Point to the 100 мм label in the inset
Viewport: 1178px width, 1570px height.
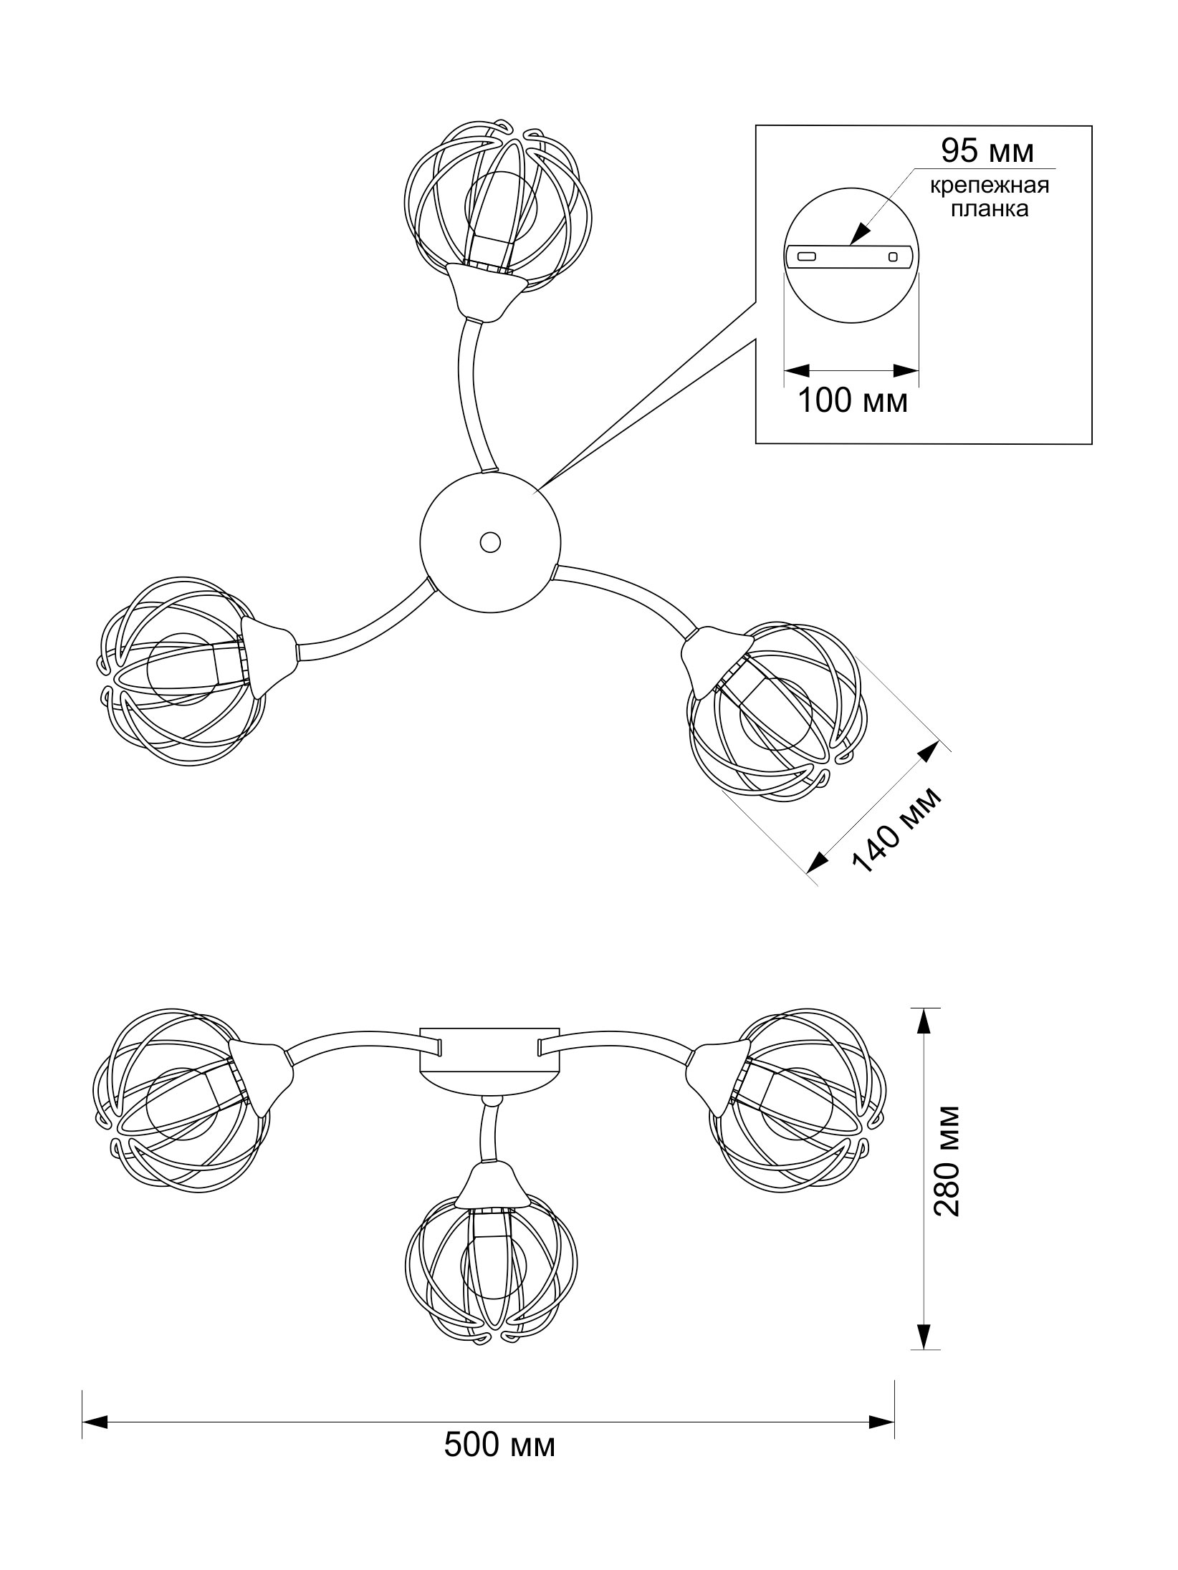[x=853, y=401]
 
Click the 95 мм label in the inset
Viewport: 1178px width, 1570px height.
[x=987, y=151]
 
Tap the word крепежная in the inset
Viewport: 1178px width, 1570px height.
[x=990, y=187]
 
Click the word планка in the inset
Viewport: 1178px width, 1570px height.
[x=990, y=208]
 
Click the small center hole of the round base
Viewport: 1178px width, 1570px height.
[x=490, y=542]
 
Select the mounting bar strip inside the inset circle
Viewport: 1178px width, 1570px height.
[x=850, y=257]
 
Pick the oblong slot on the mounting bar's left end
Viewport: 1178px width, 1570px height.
[x=807, y=256]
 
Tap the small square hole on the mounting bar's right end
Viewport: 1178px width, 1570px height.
[x=893, y=256]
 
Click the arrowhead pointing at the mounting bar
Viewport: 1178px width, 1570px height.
[x=860, y=234]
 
